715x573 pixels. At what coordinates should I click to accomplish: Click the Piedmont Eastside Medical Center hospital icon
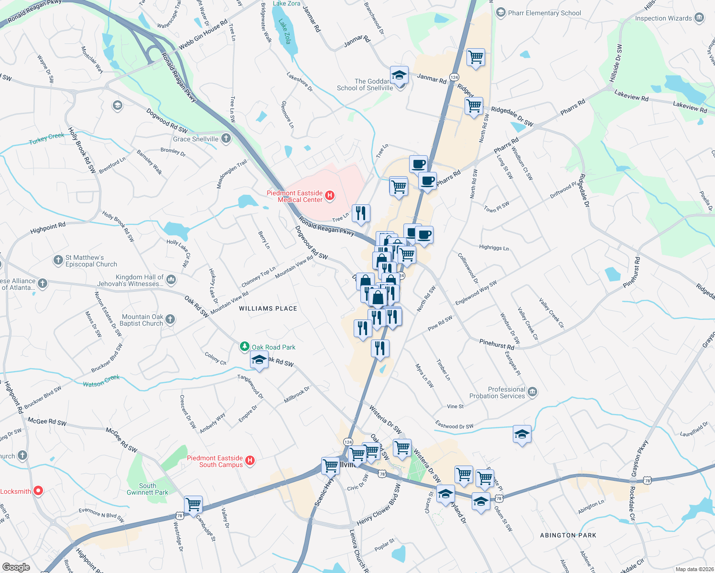pyautogui.click(x=329, y=195)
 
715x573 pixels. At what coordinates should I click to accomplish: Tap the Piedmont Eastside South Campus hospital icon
pyautogui.click(x=249, y=461)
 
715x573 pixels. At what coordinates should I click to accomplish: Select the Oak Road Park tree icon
pyautogui.click(x=245, y=347)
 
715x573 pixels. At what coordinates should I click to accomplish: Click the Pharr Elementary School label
pyautogui.click(x=544, y=13)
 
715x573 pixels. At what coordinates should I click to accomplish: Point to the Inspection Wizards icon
pyautogui.click(x=699, y=18)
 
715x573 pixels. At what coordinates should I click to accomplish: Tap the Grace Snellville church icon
pyautogui.click(x=226, y=139)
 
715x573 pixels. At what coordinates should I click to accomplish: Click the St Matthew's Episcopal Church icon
pyautogui.click(x=58, y=260)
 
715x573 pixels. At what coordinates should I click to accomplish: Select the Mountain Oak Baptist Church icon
pyautogui.click(x=170, y=319)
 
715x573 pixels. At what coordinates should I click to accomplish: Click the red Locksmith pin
pyautogui.click(x=38, y=490)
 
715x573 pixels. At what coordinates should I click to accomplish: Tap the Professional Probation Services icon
pyautogui.click(x=532, y=393)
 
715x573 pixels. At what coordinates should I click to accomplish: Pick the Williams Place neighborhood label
pyautogui.click(x=268, y=308)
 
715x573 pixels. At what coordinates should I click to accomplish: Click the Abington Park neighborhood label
pyautogui.click(x=568, y=535)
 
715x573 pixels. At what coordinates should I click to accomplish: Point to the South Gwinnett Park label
pyautogui.click(x=147, y=489)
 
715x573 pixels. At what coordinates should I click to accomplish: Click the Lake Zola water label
pyautogui.click(x=285, y=32)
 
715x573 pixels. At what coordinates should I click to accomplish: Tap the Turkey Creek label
pyautogui.click(x=46, y=138)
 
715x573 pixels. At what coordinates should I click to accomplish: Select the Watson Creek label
pyautogui.click(x=101, y=381)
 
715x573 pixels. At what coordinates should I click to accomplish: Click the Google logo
pyautogui.click(x=16, y=567)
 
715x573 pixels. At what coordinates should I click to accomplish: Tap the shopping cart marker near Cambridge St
pyautogui.click(x=193, y=504)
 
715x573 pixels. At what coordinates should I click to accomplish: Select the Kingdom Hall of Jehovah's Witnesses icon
pyautogui.click(x=172, y=280)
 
